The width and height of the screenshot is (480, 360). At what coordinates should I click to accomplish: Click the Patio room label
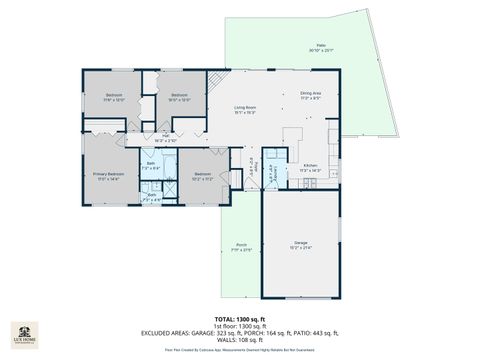point(322,47)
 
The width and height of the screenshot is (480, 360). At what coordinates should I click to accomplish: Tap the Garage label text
point(301,245)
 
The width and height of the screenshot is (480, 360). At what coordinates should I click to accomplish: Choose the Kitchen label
point(311,167)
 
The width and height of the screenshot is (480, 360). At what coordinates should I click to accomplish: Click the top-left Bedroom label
point(114,97)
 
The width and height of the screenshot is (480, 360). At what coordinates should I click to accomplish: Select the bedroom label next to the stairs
point(179,97)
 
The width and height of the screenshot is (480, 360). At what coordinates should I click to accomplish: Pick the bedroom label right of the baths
point(203,175)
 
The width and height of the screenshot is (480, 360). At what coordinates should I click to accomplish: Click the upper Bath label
point(151,165)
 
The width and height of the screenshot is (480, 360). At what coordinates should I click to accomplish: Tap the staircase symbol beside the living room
point(214,86)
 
